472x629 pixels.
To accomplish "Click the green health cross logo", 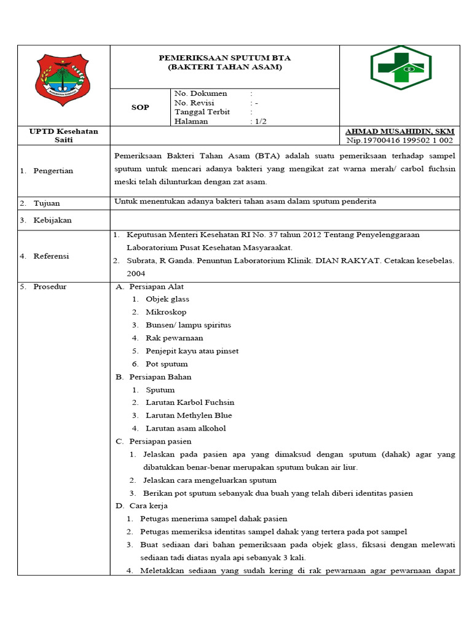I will click(400, 68).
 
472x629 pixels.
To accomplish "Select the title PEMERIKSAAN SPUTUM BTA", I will click(224, 58).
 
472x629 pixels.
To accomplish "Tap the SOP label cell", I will click(140, 107).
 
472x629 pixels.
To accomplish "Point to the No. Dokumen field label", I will click(201, 93).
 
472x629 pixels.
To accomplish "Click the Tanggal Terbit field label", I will click(202, 112).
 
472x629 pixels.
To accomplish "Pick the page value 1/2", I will click(259, 122).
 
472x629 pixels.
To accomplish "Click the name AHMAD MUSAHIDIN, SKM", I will click(399, 131).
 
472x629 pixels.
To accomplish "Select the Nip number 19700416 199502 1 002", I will click(399, 141).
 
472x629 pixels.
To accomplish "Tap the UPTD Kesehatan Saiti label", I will click(64, 136).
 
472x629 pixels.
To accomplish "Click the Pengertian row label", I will click(53, 171).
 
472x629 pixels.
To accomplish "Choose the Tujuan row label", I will click(47, 203).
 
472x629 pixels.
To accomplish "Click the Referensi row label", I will click(51, 256).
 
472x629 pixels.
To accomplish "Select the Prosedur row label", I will click(50, 287).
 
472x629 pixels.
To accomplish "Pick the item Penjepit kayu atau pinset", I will click(192, 351).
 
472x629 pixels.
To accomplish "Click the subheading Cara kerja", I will click(151, 506).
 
